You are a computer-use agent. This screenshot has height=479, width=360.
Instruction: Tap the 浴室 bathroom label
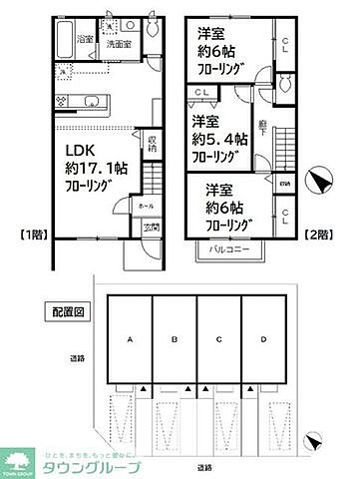tap(85, 39)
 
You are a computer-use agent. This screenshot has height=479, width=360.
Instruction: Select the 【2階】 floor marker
tap(316, 235)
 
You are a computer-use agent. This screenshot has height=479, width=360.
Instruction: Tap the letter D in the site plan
tap(263, 339)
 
